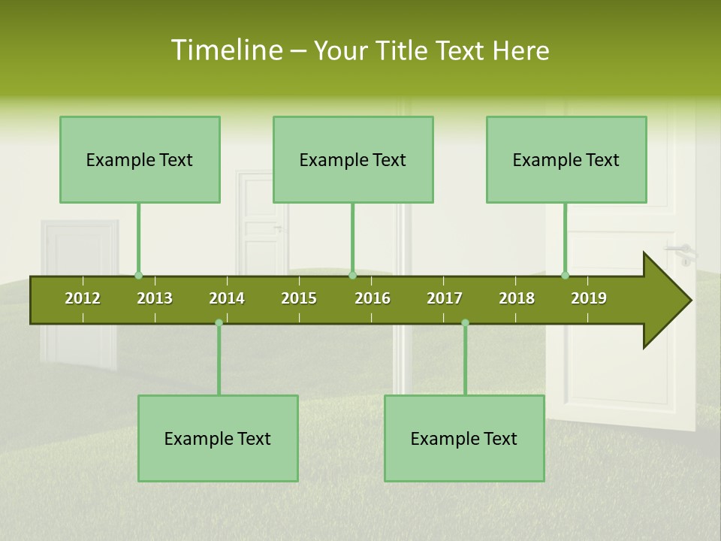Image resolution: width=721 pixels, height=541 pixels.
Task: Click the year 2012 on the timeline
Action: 83,298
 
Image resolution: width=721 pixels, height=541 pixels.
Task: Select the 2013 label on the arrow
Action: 155,298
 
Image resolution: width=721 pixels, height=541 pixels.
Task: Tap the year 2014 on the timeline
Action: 227,298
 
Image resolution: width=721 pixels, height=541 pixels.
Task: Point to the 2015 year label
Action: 299,298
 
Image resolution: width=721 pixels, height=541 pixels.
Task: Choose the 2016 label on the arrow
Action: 373,298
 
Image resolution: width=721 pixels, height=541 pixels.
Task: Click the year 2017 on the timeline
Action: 445,298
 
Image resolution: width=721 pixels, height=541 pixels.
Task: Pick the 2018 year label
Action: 517,298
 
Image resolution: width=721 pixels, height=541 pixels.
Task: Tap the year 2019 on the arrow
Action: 589,298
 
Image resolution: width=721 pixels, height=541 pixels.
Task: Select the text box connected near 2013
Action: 140,159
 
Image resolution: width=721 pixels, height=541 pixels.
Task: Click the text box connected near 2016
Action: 353,159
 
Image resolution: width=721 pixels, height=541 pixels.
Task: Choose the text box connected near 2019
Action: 566,159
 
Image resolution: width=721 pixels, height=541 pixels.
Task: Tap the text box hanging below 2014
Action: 218,438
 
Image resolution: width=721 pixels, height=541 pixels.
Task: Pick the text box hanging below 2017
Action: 464,438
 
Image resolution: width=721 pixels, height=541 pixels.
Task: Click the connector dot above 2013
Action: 138,276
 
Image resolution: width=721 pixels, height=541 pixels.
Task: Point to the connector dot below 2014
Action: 219,322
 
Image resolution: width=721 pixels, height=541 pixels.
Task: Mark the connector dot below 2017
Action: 465,322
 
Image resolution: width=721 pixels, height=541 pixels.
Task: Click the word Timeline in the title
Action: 225,50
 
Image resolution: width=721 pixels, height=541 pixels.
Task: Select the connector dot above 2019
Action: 565,276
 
